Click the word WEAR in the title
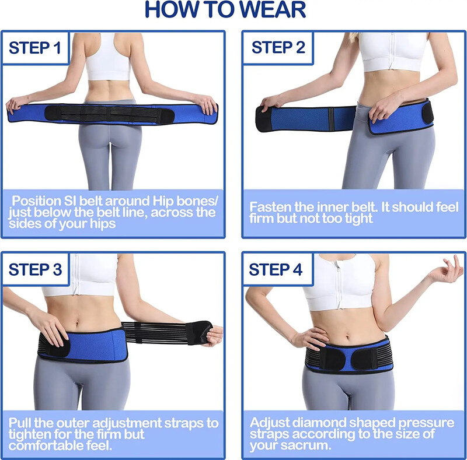tap(272, 9)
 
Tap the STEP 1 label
tap(35, 48)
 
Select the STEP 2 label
tap(278, 47)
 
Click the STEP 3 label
tap(35, 269)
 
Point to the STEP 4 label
tap(276, 269)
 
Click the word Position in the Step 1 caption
tap(36, 202)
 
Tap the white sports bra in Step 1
tap(108, 57)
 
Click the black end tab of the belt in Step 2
tap(263, 118)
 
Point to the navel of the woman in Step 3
tap(78, 322)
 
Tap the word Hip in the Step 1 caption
tap(163, 202)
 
